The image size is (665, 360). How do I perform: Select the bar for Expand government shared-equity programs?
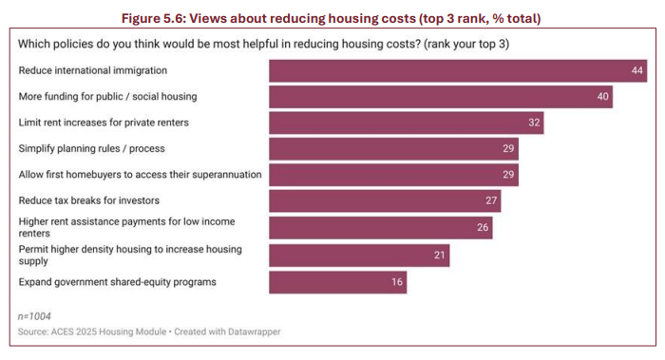tap(338, 282)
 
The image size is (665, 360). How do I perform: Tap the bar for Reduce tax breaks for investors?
tap(385, 201)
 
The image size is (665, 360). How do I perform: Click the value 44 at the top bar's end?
tap(637, 71)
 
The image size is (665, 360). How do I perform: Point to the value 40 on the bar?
tap(601, 97)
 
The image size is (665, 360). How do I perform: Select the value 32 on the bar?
tap(534, 123)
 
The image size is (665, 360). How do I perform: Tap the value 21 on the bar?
tap(438, 256)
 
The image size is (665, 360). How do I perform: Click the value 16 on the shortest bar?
tap(395, 282)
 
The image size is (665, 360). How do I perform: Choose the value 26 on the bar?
tap(482, 228)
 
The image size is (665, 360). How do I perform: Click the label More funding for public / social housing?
tap(108, 97)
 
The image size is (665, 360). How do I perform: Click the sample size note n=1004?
tap(36, 313)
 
